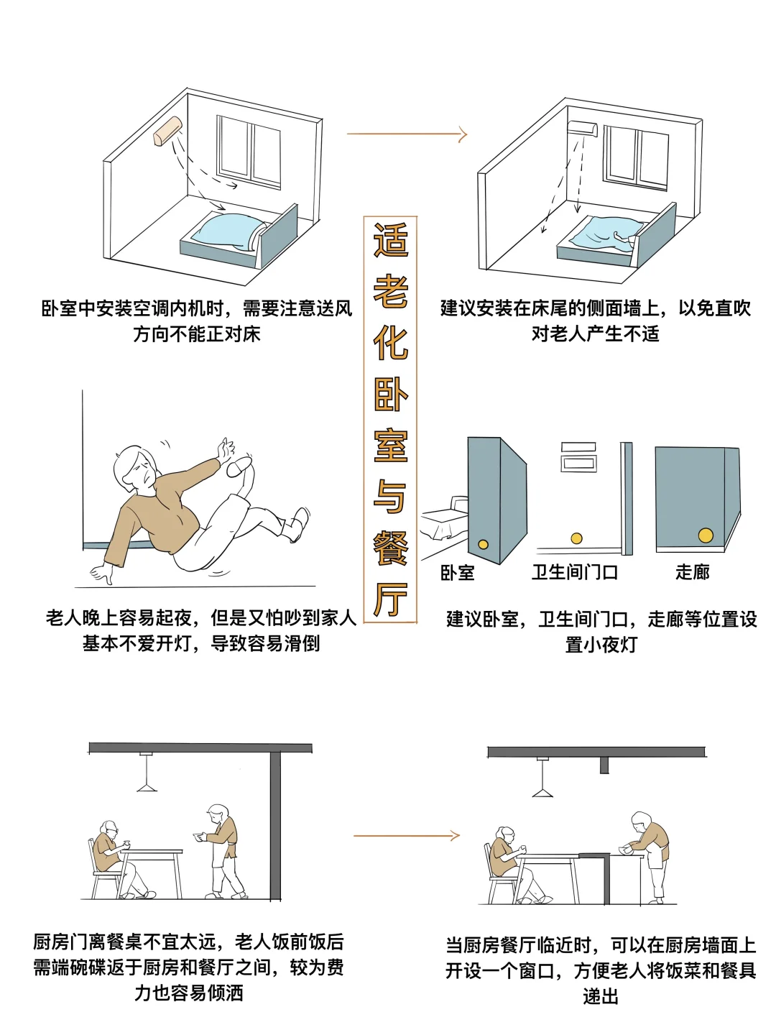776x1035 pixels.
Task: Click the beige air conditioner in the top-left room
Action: [x=167, y=132]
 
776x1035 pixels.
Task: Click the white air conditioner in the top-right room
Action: [x=582, y=129]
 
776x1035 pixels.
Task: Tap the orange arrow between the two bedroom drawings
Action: [x=407, y=134]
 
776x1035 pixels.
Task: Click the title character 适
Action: [x=390, y=241]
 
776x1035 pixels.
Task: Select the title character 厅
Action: [x=390, y=598]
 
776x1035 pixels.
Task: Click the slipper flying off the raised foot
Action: [x=239, y=467]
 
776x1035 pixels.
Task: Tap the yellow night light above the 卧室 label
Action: [x=484, y=544]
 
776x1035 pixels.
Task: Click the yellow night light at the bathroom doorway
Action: [x=576, y=538]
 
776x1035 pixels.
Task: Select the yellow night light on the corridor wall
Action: [x=706, y=535]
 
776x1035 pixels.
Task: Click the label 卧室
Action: [x=457, y=572]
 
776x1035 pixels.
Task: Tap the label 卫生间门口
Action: [x=574, y=572]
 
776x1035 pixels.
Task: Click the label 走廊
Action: [x=692, y=572]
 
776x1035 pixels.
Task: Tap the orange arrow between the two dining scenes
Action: [x=406, y=835]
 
